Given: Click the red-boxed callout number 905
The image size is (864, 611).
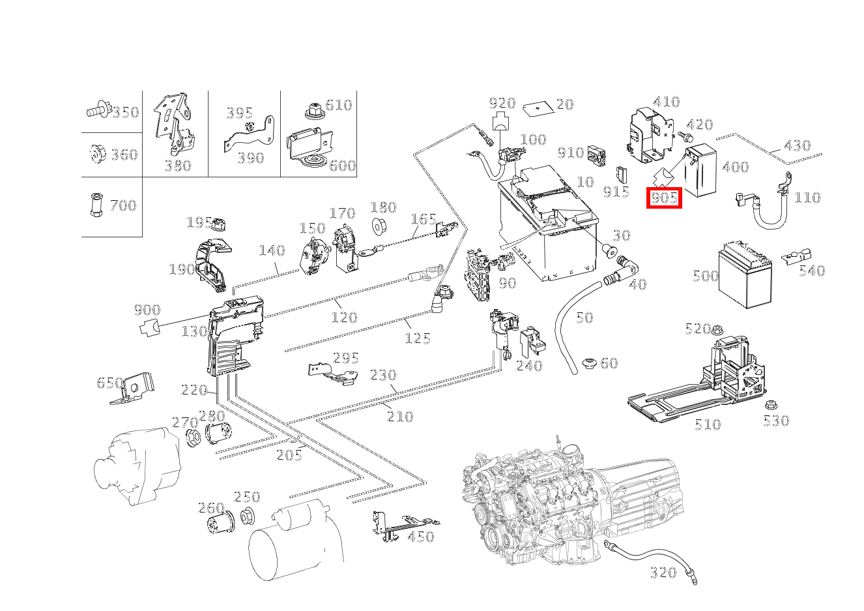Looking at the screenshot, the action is pos(664,198).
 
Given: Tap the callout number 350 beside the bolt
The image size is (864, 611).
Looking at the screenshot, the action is pos(125,112).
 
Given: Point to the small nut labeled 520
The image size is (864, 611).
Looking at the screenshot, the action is pos(717,331).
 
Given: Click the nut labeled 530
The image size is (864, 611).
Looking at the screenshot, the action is pos(771,405).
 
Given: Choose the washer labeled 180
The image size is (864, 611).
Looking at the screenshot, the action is pos(378,226).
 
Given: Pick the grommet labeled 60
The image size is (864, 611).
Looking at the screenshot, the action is pos(589,364).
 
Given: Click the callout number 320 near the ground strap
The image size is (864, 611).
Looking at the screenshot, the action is pos(663,572).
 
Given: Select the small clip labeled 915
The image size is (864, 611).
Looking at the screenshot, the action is pos(622,174).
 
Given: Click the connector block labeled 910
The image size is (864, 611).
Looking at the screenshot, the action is pos(596,156).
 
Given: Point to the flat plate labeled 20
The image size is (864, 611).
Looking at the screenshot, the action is pos(539,108).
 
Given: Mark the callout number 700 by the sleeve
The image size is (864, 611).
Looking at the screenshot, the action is pos(123,205).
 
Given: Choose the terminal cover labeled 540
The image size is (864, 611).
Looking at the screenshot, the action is pos(796,257).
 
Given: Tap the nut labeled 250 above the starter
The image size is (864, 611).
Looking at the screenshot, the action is pos(247,517).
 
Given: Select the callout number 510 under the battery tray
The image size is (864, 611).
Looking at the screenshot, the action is pos(708,425).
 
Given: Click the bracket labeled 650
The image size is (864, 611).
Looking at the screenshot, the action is pos(133,388).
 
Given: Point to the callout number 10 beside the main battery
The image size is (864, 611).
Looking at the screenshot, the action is pos(585,181).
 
